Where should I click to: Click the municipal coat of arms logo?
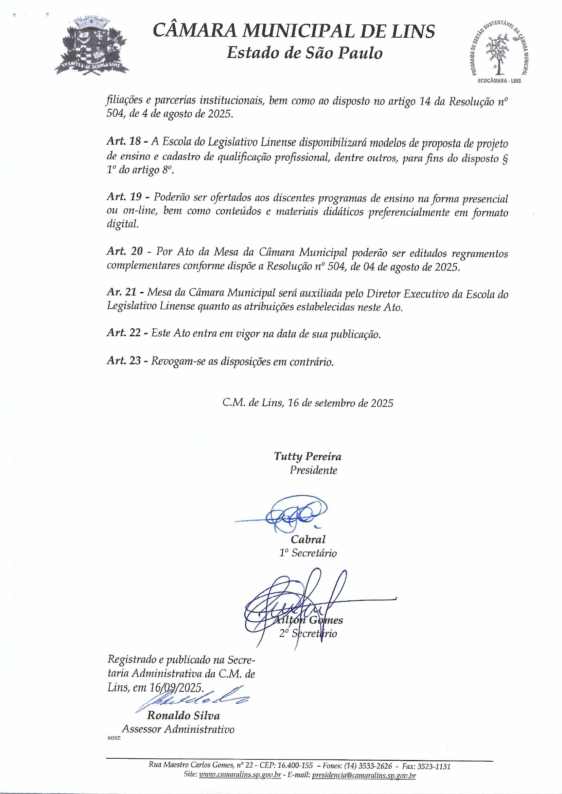(x=92, y=47)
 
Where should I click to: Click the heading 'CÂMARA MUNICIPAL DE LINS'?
(x=294, y=32)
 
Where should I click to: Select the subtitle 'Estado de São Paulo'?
(x=304, y=53)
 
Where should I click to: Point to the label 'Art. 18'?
(x=124, y=142)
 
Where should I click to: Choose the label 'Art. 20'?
(x=124, y=252)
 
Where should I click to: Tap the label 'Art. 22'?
(x=124, y=333)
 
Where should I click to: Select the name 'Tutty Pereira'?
(x=308, y=457)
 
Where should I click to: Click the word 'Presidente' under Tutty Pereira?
(x=313, y=470)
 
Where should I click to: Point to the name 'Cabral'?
(x=308, y=539)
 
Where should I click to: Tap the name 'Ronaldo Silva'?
(x=183, y=716)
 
